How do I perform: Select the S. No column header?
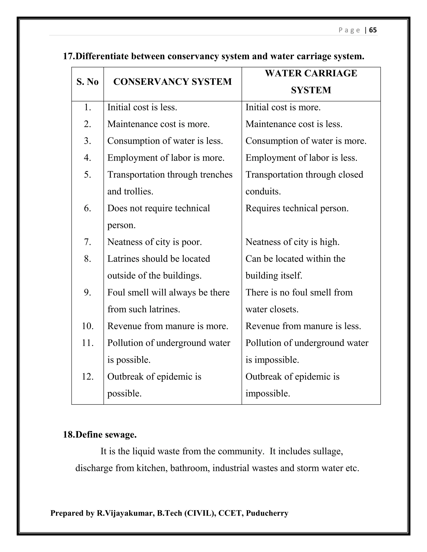(x=88, y=82)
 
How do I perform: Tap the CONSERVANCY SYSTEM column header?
(x=172, y=82)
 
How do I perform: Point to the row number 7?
(x=88, y=242)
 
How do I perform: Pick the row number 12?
(x=88, y=377)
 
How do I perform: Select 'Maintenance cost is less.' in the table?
(x=294, y=124)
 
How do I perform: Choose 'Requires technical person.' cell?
(x=297, y=209)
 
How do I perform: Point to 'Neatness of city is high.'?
(x=293, y=242)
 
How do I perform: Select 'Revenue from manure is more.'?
(x=168, y=326)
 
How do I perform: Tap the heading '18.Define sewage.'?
(x=100, y=435)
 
